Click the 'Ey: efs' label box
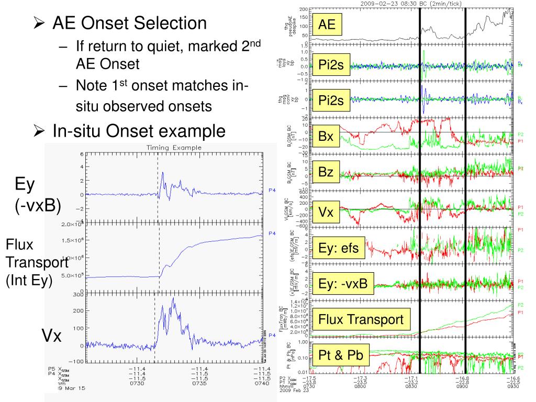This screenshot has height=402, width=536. [339, 248]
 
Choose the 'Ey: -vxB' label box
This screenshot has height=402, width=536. [343, 284]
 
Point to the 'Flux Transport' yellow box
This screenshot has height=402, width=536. [361, 319]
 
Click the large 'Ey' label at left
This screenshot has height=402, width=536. [25, 184]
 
